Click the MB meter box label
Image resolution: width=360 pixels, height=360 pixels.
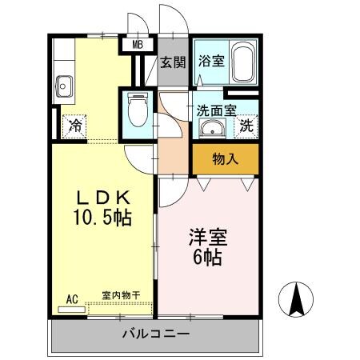[137, 46]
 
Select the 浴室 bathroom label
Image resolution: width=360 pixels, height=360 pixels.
[210, 60]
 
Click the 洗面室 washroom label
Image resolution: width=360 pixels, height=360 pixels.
[217, 112]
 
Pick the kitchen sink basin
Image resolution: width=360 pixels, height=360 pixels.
[64, 84]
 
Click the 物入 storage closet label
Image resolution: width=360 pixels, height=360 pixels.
[226, 158]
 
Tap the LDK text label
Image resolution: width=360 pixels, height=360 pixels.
[102, 198]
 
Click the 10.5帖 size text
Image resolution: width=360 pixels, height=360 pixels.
[102, 218]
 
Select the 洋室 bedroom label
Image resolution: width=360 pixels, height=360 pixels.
[207, 238]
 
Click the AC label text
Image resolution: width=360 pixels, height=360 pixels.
[71, 298]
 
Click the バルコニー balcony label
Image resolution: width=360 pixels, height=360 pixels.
[156, 333]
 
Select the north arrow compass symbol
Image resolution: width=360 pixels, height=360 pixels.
[295, 300]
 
